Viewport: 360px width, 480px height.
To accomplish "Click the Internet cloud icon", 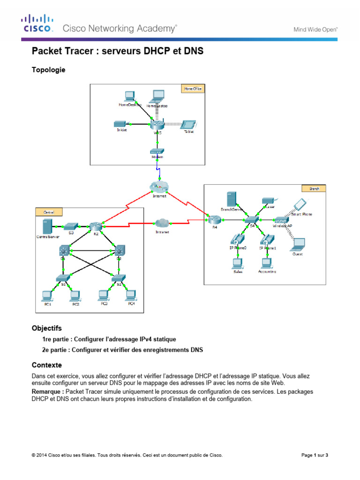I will [158, 187].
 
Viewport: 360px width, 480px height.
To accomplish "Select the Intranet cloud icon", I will [162, 223].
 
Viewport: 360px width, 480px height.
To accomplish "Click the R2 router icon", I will [96, 226].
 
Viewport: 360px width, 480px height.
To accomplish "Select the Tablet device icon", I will [188, 125].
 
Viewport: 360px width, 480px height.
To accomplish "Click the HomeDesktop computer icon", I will [129, 96].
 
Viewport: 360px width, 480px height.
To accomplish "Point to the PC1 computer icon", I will [47, 296].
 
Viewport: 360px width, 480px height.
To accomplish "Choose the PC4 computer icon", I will [131, 295].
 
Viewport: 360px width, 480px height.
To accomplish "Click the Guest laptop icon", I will [297, 244].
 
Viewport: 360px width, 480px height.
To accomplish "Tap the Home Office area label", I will [193, 88].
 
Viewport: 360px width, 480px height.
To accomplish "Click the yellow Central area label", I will [49, 212].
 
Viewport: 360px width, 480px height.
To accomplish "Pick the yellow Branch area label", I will [314, 188].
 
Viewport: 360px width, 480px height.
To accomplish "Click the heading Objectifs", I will [46, 328].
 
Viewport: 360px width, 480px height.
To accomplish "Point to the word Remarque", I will [48, 391].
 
